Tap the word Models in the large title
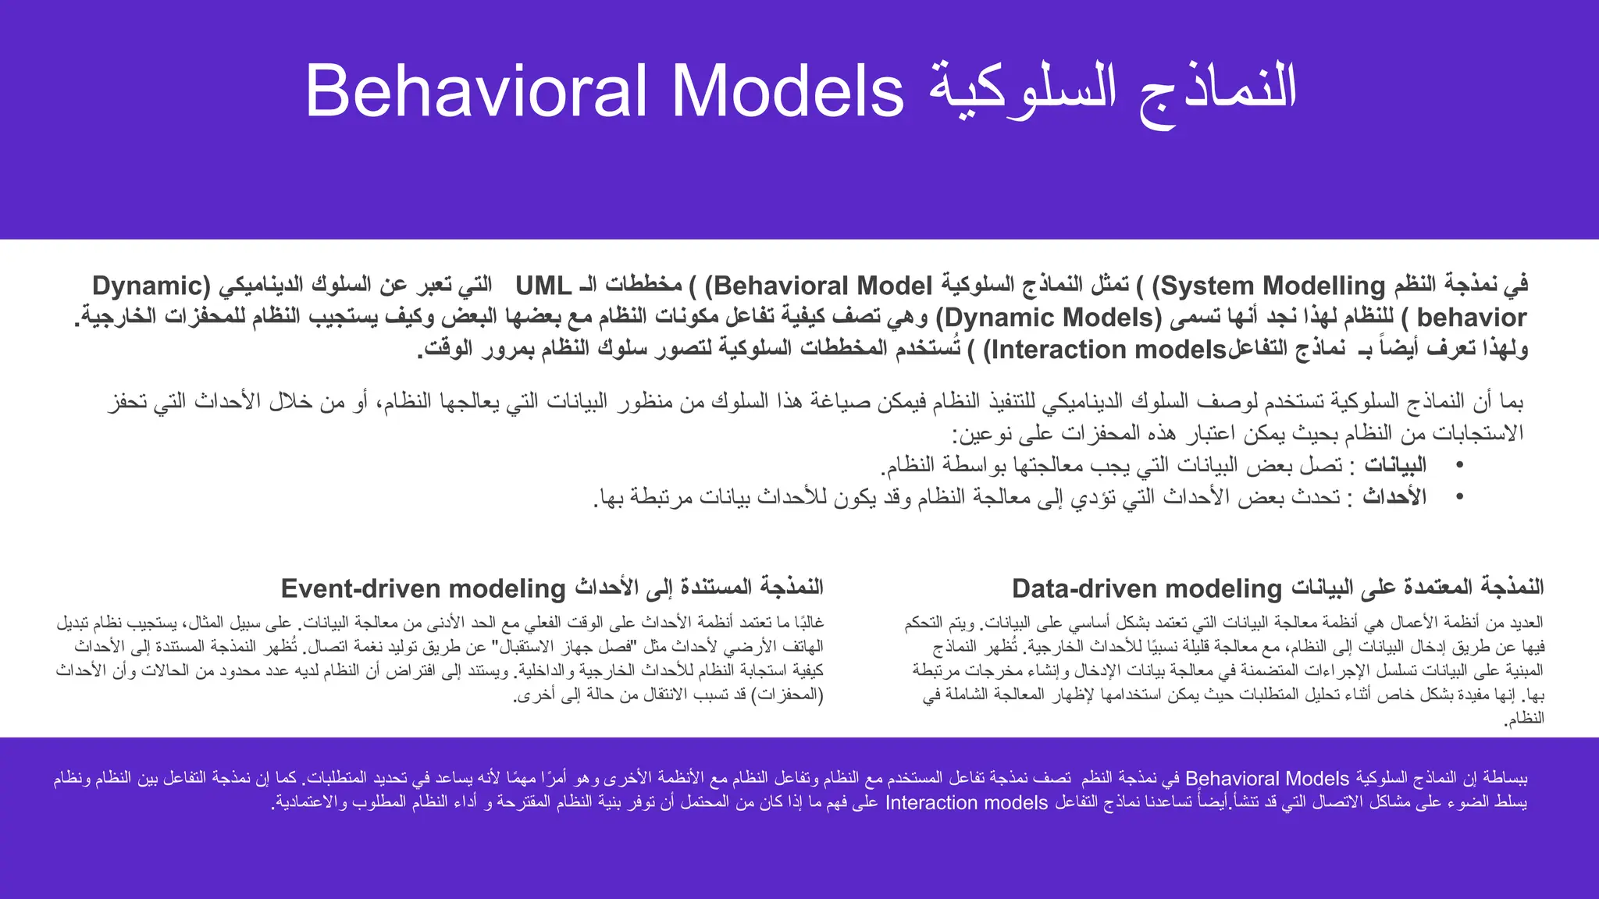(x=787, y=91)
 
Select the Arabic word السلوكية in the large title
(x=1023, y=91)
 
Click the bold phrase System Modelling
(x=1273, y=286)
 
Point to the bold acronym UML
(x=543, y=286)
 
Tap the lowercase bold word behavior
(x=1471, y=318)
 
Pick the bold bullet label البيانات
(x=1394, y=465)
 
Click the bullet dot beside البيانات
(x=1459, y=465)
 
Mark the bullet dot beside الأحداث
(x=1459, y=497)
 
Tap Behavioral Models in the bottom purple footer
(x=1266, y=779)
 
